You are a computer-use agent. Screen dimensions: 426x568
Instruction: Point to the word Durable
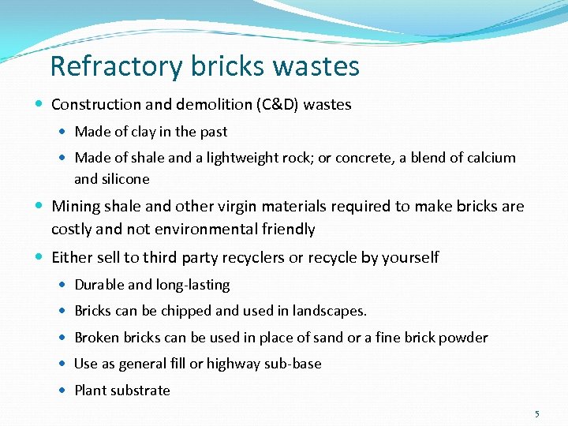[99, 285]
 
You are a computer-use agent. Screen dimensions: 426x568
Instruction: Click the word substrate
[140, 390]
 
